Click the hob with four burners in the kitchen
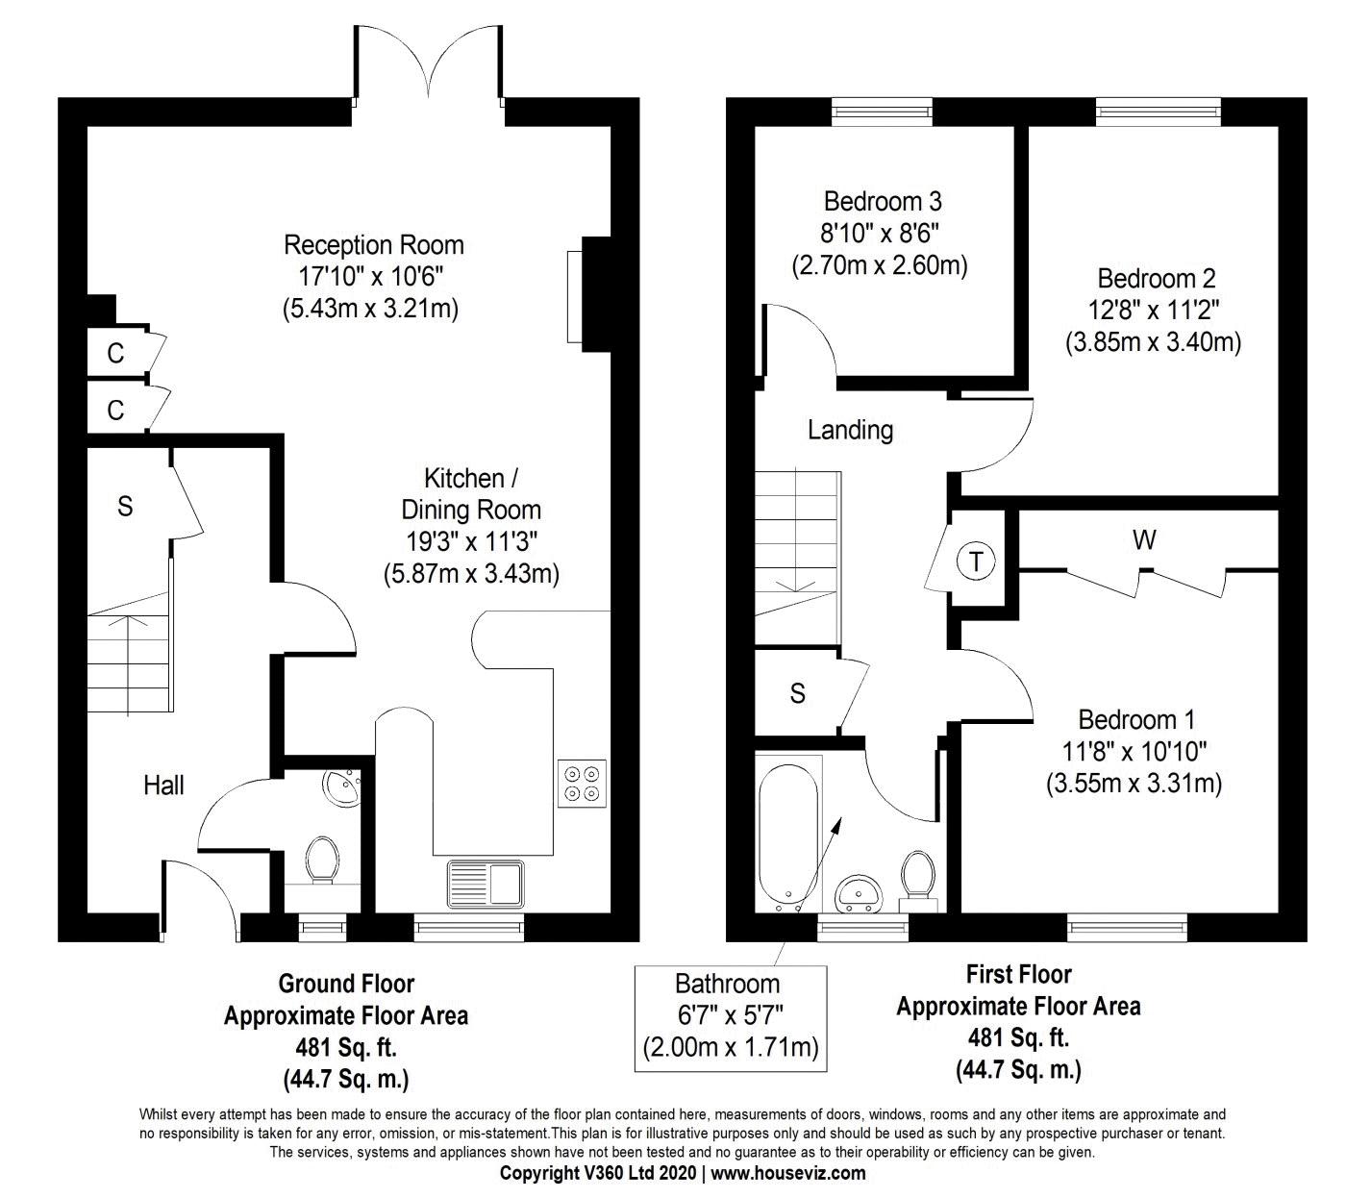(x=582, y=784)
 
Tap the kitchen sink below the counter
(x=486, y=883)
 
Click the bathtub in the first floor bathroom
(x=788, y=838)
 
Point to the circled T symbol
(x=975, y=562)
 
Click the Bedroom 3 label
(x=883, y=201)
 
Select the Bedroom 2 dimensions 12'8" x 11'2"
(x=1154, y=310)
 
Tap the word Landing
(x=850, y=430)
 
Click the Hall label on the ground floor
(x=163, y=786)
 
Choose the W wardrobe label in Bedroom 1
(x=1144, y=539)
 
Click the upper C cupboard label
(x=115, y=354)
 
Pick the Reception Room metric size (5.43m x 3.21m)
(x=371, y=309)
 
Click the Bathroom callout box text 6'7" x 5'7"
(x=730, y=1014)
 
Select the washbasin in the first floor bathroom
(x=859, y=893)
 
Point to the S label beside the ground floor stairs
(x=125, y=507)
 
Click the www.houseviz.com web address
(x=788, y=1173)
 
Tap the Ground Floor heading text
(x=346, y=984)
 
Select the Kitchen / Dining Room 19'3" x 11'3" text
(x=471, y=541)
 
